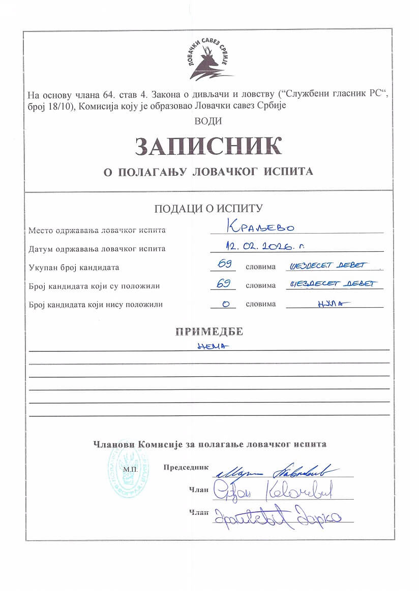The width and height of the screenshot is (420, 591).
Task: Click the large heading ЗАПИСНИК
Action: pos(208,146)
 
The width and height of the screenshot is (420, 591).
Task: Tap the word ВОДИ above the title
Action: pos(208,121)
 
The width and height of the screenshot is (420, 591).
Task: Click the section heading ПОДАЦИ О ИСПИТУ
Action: pos(208,208)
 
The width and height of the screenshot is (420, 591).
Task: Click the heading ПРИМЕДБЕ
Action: pos(209,332)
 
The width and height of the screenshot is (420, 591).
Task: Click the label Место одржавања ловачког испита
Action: pos(97,230)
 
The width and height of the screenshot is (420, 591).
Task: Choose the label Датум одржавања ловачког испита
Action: pos(97,249)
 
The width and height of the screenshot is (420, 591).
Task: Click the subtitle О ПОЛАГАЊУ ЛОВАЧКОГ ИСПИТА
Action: pos(208,172)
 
